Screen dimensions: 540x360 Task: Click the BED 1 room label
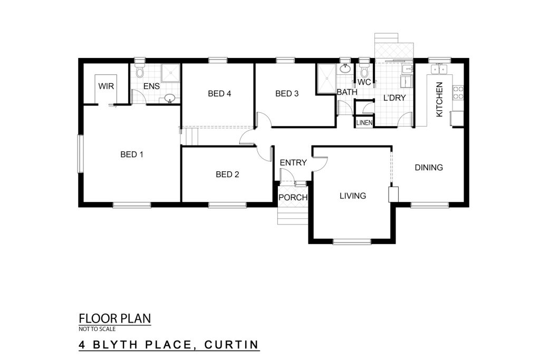coord(131,154)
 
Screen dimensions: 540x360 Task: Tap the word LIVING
coord(353,196)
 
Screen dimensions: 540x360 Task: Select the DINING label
coord(429,168)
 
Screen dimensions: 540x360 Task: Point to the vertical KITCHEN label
coord(439,100)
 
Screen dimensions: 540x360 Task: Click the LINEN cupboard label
coord(364,122)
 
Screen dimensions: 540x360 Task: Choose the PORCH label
coord(293,198)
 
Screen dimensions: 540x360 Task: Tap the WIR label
coord(106,86)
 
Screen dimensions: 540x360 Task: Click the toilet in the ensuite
coord(139,70)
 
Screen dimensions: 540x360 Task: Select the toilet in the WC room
coord(364,70)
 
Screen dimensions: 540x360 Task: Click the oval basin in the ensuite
coord(169,99)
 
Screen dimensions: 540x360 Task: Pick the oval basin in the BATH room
coord(345,69)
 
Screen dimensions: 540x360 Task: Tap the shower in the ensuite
coord(171,73)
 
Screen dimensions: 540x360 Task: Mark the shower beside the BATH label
coord(326,79)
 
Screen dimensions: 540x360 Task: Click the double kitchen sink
coord(437,69)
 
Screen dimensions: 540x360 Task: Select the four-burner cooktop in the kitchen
coord(458,93)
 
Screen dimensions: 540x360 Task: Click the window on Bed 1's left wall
coord(80,153)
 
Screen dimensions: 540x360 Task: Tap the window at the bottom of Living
coord(352,241)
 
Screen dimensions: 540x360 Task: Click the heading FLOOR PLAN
coord(114,318)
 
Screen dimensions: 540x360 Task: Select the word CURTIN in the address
coord(232,345)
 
